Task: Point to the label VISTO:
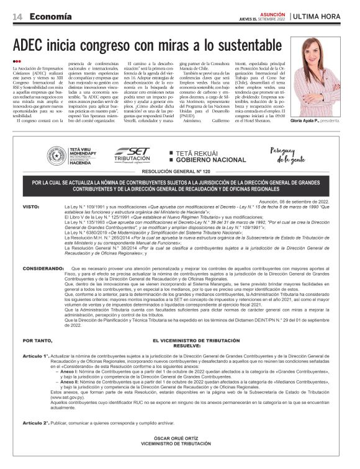pos(31,205)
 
